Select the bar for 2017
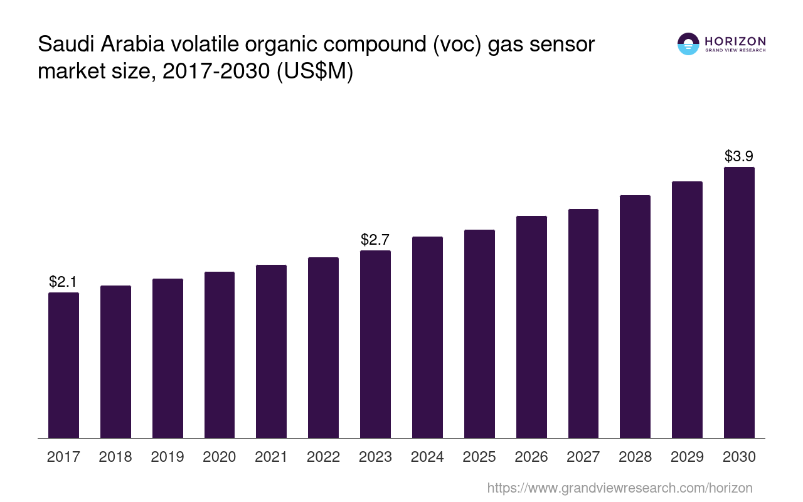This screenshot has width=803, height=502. (x=64, y=365)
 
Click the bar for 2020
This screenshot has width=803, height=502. (x=220, y=355)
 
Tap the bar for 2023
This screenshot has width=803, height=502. (x=375, y=344)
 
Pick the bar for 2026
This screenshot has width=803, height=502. (x=531, y=326)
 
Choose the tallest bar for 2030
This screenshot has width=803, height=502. (x=739, y=302)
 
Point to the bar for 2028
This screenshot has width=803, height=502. (x=635, y=316)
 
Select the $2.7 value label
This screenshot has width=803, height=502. (x=375, y=240)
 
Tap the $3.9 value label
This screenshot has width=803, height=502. (x=739, y=156)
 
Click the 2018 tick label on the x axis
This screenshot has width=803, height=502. (x=115, y=457)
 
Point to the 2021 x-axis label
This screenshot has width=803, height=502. (x=271, y=457)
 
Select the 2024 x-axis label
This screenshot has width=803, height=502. (x=427, y=457)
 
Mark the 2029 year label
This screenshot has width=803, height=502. (x=687, y=457)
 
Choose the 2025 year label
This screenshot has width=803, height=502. (x=479, y=457)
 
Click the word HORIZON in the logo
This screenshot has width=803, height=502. (x=735, y=41)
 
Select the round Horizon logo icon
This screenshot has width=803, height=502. (x=688, y=44)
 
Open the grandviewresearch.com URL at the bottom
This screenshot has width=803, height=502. (x=619, y=488)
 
